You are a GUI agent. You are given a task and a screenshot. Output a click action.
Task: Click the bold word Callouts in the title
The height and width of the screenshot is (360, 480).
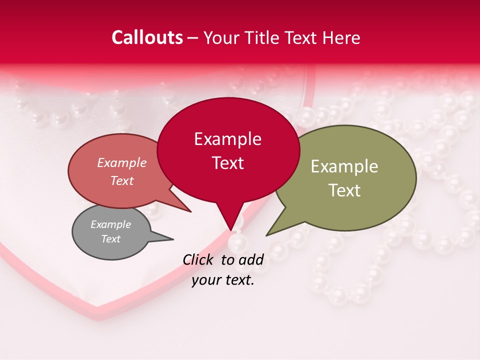(147, 37)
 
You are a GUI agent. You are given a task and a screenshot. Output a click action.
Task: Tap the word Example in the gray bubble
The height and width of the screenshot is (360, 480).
(110, 224)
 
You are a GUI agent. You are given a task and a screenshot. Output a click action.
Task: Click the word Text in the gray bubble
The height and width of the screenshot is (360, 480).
(110, 239)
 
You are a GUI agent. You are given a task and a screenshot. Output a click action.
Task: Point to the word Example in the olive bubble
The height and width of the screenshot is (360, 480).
(344, 166)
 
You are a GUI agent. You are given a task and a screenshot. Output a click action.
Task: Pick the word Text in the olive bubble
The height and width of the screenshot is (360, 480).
(344, 190)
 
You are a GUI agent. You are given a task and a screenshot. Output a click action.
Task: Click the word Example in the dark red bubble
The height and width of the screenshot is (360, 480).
(227, 139)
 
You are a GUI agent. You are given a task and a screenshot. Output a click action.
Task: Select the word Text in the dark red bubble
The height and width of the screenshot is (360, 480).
(227, 163)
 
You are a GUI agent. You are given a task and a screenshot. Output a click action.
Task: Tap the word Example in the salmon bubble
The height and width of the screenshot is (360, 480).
(121, 162)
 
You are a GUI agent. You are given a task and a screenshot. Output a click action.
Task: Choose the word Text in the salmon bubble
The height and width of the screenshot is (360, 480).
(121, 180)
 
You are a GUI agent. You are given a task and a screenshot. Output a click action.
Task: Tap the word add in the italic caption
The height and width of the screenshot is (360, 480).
(251, 260)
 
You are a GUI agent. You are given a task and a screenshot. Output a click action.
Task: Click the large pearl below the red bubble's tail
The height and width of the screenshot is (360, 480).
(238, 243)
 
